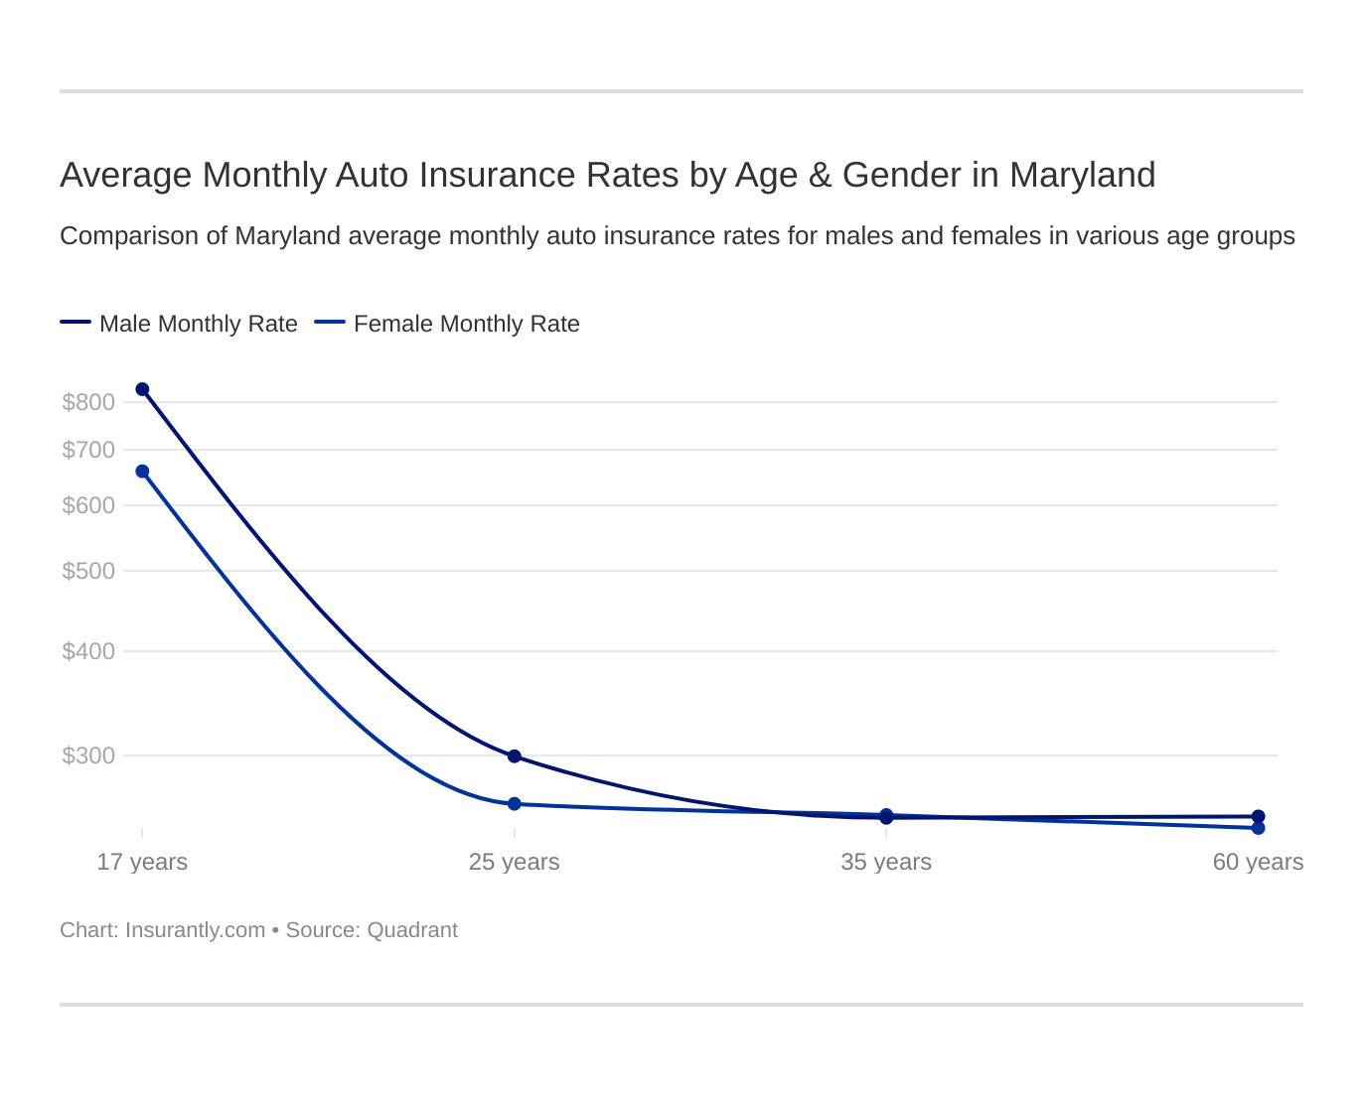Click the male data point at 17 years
coord(142,389)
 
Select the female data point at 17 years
coord(142,472)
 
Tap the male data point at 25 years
coord(515,756)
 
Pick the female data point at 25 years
coord(515,804)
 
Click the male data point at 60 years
coord(1259,816)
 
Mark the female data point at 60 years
coord(1259,828)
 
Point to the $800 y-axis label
coord(88,402)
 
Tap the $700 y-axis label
coord(88,450)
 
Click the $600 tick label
coord(88,505)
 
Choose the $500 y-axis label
coord(88,571)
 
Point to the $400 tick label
coord(88,651)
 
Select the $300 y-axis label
coord(88,755)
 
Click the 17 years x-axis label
coord(142,862)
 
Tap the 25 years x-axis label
coord(515,862)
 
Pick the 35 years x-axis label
coord(886,862)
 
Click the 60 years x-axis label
coord(1258,862)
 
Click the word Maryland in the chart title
coord(1082,175)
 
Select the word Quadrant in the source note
coord(412,930)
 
